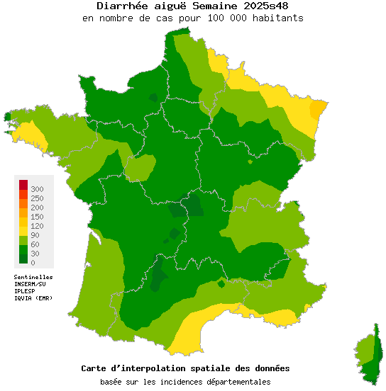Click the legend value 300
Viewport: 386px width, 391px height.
point(37,189)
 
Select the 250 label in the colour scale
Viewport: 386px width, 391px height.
point(37,198)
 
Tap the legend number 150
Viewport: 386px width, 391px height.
point(37,217)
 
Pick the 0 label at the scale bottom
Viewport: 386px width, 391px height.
point(33,263)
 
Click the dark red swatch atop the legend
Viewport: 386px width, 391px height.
point(23,185)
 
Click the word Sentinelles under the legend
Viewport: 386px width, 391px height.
point(33,277)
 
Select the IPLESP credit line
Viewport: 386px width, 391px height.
point(26,290)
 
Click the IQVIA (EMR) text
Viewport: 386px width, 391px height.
point(33,297)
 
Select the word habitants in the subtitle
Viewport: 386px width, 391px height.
point(278,18)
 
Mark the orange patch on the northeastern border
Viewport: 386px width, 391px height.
point(319,108)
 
